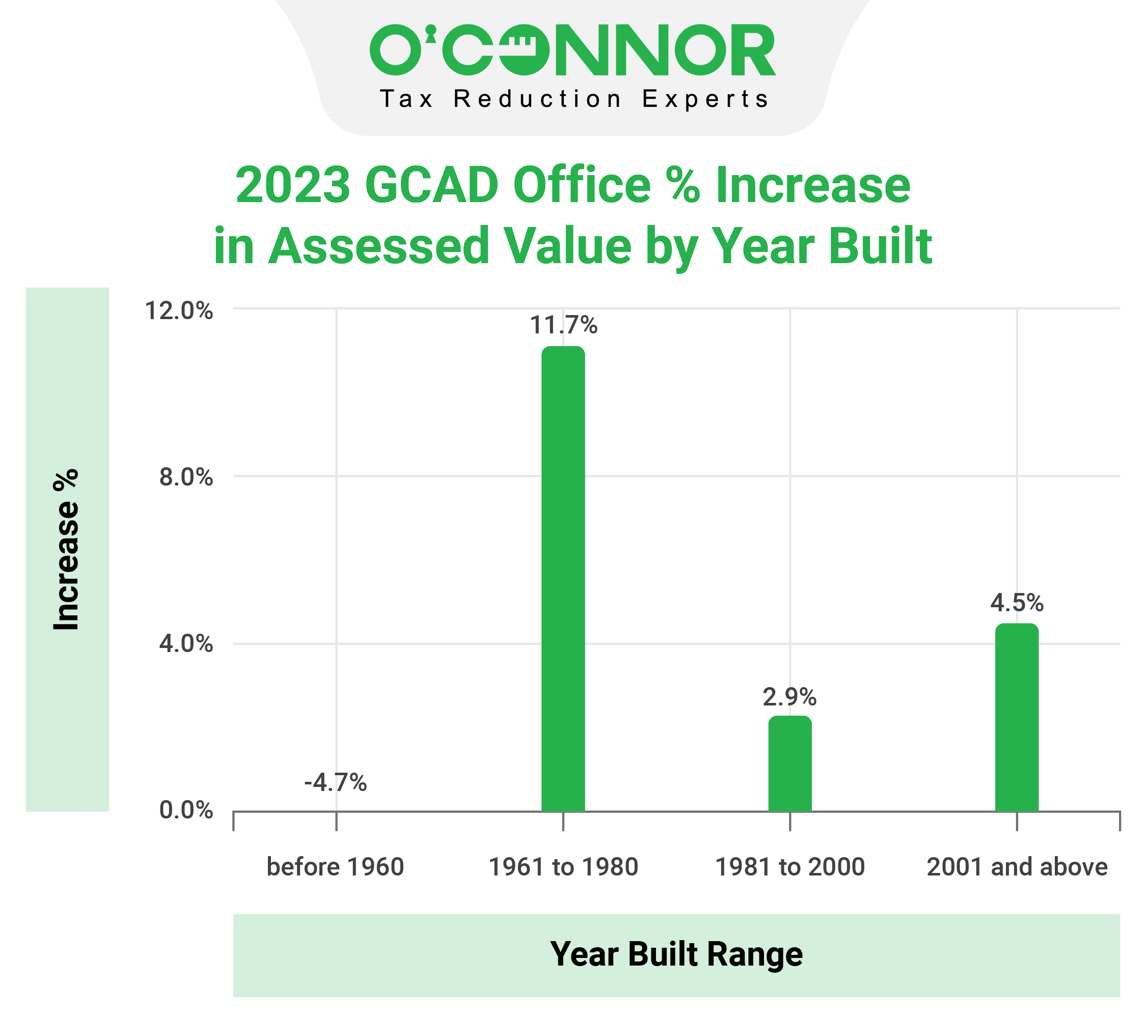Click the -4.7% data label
click(335, 783)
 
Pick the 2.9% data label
click(789, 697)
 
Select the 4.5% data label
click(1017, 603)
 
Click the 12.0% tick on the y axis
click(179, 310)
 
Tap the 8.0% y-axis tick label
click(185, 477)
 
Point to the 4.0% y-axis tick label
click(185, 644)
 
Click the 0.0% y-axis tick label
click(185, 810)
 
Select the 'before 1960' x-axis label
click(335, 867)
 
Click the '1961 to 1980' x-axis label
click(563, 867)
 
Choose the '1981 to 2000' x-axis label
click(790, 867)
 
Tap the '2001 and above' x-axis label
click(1017, 867)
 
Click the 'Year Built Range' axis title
click(676, 954)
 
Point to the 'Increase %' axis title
click(66, 549)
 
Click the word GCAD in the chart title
click(431, 185)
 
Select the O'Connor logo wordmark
click(572, 50)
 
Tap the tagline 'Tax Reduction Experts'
click(574, 99)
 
